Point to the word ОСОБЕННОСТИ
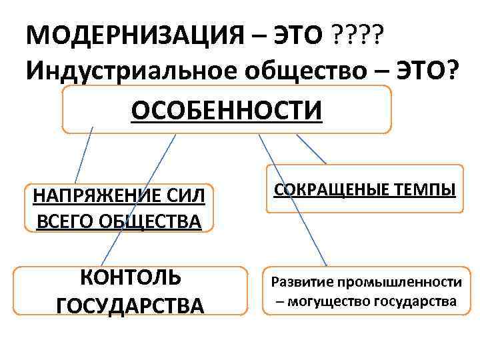[227, 111]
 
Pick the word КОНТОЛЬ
[130, 277]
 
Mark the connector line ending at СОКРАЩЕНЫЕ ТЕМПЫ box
[311, 149]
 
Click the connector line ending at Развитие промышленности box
[293, 200]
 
